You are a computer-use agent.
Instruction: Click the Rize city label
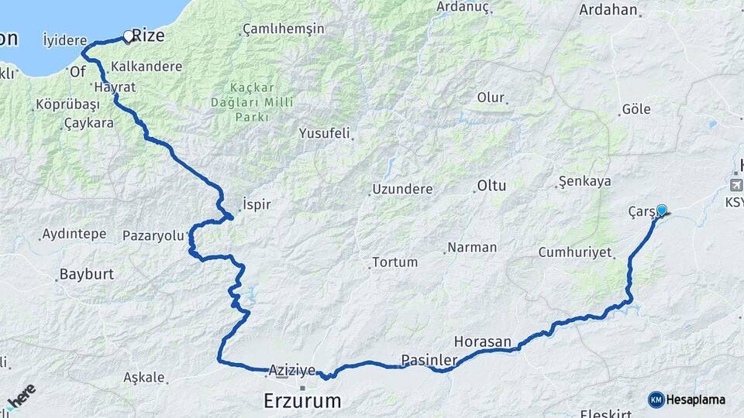[x=148, y=35]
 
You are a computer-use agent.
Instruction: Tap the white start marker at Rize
[x=129, y=36]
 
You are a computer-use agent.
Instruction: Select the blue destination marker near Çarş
[x=661, y=210]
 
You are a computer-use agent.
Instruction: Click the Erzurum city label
[x=302, y=401]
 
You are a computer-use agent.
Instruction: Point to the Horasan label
[x=483, y=341]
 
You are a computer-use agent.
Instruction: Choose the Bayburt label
[x=87, y=274]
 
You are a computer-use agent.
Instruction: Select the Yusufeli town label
[x=325, y=133]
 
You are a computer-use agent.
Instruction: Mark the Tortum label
[x=394, y=262]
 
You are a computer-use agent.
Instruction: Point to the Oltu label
[x=491, y=186]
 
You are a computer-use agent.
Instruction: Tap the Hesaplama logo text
[x=695, y=400]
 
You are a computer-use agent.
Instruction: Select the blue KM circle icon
[x=656, y=399]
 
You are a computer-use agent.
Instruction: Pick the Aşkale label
[x=144, y=378]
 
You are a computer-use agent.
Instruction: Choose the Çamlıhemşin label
[x=283, y=29]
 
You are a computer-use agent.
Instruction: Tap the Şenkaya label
[x=584, y=182]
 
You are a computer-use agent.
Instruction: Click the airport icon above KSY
[x=735, y=185]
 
